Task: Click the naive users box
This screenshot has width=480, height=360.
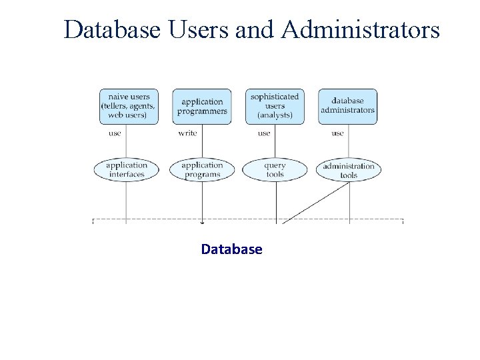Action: coord(129,107)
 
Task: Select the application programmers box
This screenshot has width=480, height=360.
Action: coord(202,107)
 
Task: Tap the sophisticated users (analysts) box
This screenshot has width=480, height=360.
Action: coord(275,107)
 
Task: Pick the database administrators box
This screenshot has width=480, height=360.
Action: coord(347,107)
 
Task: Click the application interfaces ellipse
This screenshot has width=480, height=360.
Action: coord(127,170)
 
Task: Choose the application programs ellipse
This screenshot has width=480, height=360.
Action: coord(202,170)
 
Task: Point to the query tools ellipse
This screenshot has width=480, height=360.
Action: coord(275,170)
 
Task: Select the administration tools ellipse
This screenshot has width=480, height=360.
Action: coord(349,171)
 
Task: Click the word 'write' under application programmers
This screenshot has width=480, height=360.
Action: coord(187,133)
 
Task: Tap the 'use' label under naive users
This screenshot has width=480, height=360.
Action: coord(115,133)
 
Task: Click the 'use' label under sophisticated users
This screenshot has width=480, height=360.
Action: coord(264,133)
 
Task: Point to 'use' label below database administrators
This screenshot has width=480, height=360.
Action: coord(337,133)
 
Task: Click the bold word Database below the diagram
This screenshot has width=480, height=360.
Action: coord(231,249)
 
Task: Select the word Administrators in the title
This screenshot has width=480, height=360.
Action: coord(361,30)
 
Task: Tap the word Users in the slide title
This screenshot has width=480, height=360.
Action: coord(203,30)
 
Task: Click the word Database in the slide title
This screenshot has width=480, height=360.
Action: coord(111,30)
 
